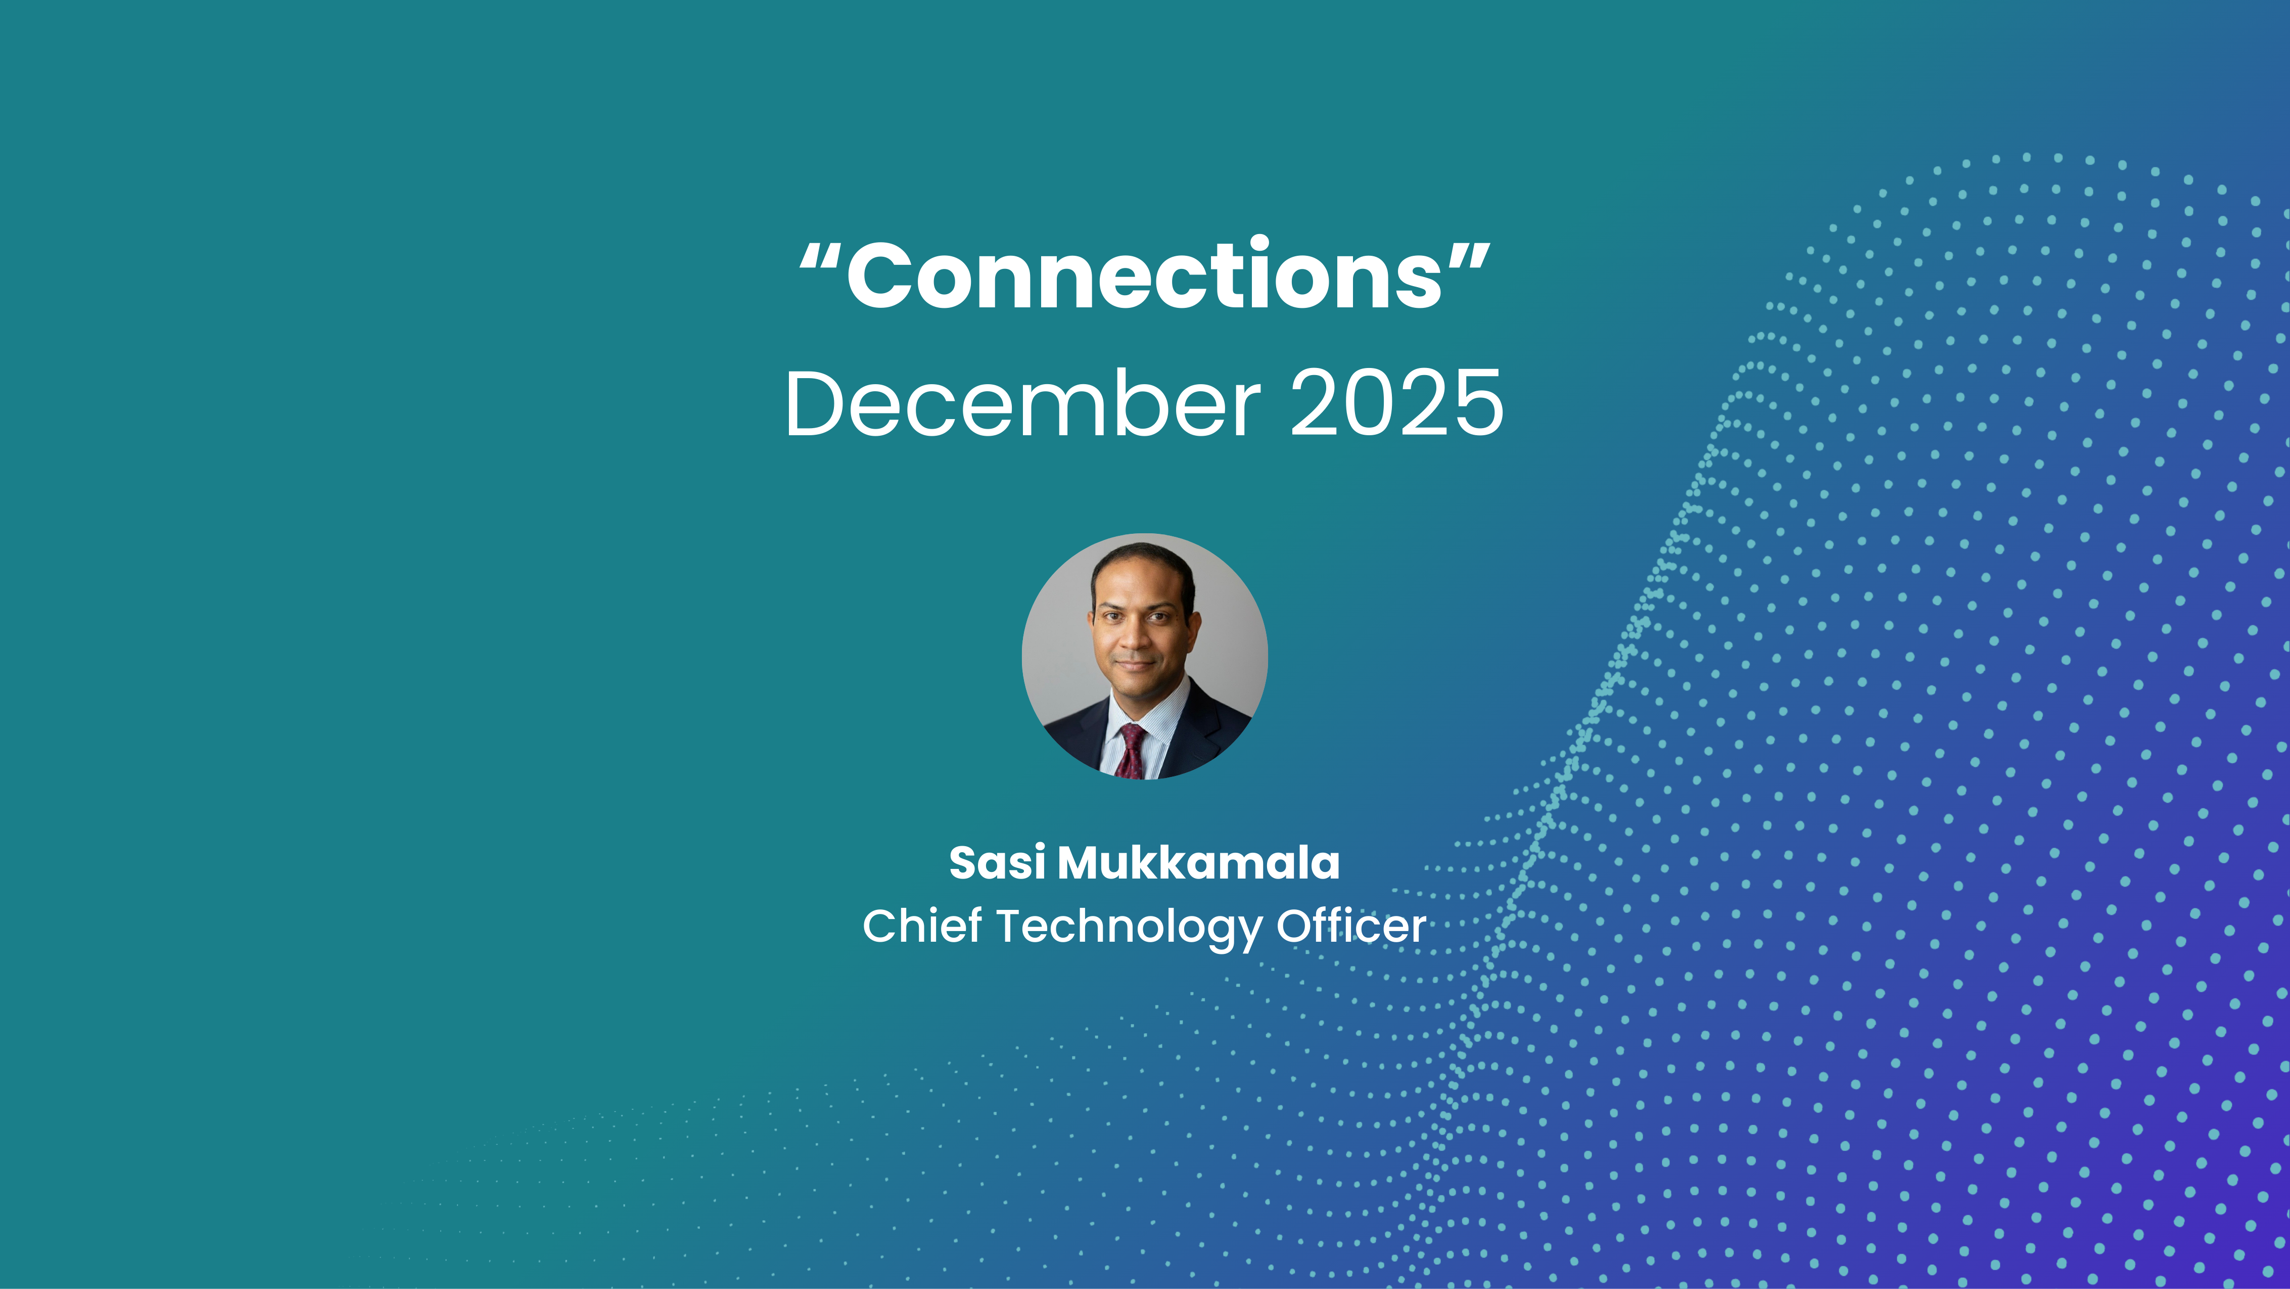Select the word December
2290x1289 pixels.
(x=1022, y=404)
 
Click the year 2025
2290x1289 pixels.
(x=1396, y=404)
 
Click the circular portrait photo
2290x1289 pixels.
(x=1144, y=656)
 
